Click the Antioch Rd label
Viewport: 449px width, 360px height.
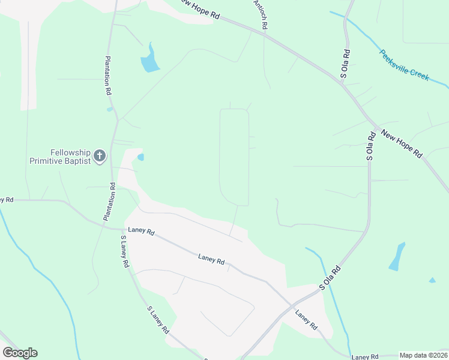(x=262, y=15)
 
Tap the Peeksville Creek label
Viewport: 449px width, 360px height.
(x=405, y=65)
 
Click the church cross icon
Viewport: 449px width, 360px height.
(x=100, y=157)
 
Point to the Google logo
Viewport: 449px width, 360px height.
(x=20, y=353)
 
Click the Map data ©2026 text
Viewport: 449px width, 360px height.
(x=423, y=355)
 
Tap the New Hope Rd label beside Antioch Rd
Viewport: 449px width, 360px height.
(x=199, y=9)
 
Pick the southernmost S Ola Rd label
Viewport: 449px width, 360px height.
(x=330, y=278)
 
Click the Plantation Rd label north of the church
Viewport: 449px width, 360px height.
(x=108, y=76)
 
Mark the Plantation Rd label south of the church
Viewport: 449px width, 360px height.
(x=110, y=202)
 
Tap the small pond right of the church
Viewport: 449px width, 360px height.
(x=140, y=157)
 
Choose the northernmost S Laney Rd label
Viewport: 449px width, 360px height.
(x=124, y=251)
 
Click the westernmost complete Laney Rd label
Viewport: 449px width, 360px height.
(x=141, y=232)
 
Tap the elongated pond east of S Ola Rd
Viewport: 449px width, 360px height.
(x=397, y=256)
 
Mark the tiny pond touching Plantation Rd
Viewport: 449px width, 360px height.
(x=109, y=109)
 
